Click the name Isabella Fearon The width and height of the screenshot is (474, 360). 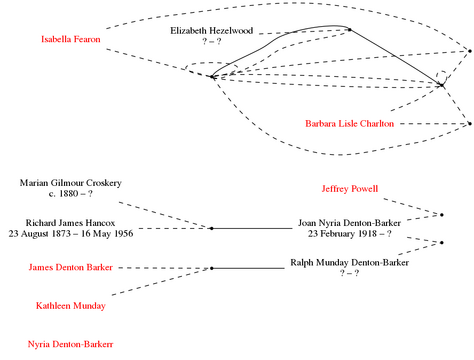coord(71,39)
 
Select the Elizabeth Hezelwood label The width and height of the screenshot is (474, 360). coord(212,31)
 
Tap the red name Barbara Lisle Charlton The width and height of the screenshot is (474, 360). coord(350,124)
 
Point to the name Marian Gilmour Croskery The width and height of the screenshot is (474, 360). coord(71,183)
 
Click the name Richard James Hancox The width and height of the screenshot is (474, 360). coord(71,223)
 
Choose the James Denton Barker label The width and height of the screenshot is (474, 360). coord(71,267)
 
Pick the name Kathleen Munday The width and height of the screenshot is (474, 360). coord(71,306)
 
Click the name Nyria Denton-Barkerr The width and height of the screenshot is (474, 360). coord(71,344)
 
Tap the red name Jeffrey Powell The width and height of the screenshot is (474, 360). coord(350,189)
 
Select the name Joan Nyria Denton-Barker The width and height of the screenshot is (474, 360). coord(350,223)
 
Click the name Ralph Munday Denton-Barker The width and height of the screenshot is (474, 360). coord(350,263)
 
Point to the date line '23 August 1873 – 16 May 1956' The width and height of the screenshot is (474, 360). coord(71,233)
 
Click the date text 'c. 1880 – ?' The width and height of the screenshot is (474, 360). coord(71,194)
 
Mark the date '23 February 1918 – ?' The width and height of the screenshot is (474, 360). coord(350,233)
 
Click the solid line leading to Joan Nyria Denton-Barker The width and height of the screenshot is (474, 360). coord(252,228)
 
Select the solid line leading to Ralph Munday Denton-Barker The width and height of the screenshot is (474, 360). coord(248,268)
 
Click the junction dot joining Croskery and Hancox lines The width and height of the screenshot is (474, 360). coord(212,228)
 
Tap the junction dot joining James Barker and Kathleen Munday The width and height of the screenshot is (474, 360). coord(212,268)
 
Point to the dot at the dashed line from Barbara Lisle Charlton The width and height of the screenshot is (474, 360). coord(470,124)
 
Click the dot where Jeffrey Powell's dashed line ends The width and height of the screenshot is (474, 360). coord(442,215)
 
